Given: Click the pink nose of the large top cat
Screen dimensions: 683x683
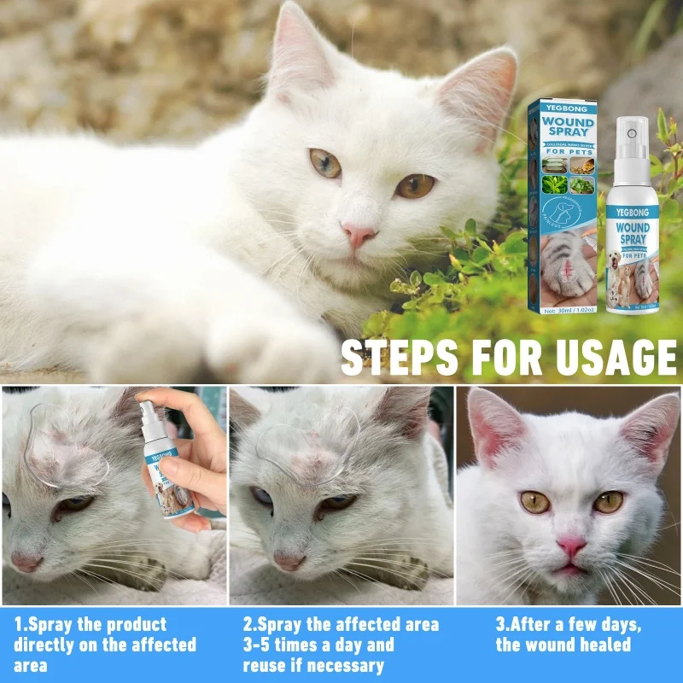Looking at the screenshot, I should pyautogui.click(x=359, y=232).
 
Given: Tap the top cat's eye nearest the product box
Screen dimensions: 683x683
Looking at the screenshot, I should pyautogui.click(x=416, y=185).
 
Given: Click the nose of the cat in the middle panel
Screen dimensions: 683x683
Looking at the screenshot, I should pyautogui.click(x=289, y=561).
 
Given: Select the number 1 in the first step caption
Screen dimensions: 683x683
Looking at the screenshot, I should pyautogui.click(x=18, y=624).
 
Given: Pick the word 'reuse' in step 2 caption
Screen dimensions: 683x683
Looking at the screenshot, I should pyautogui.click(x=265, y=666).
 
